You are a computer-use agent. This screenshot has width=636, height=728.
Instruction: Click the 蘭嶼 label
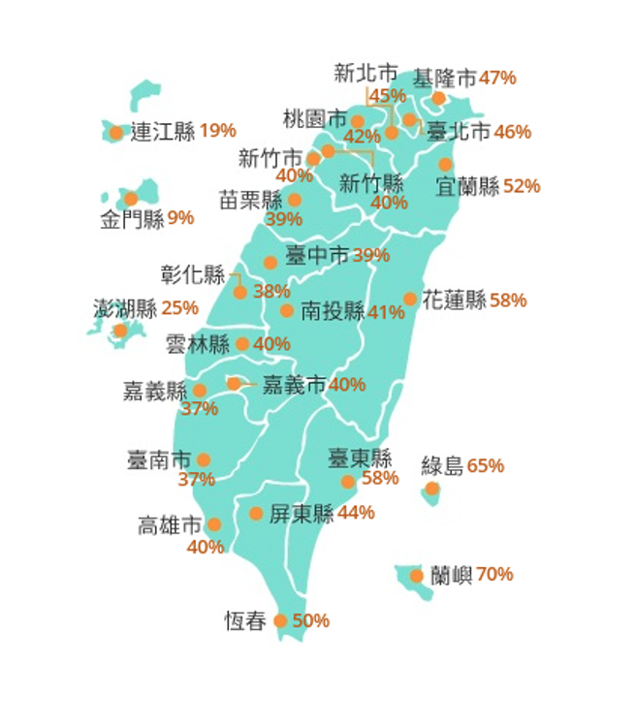[452, 575]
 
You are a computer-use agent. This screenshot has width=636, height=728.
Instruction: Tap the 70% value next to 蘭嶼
[494, 575]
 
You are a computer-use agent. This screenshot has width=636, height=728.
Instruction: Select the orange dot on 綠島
[431, 488]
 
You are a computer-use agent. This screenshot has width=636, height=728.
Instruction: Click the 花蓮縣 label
[454, 301]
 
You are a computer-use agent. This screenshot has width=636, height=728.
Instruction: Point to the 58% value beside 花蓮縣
[508, 301]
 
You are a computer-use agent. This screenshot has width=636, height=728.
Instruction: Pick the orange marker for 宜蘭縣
[445, 165]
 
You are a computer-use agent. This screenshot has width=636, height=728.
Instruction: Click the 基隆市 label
[445, 79]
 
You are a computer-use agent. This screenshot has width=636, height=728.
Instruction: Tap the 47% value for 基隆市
[497, 79]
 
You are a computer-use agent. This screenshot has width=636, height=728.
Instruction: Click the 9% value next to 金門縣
[180, 218]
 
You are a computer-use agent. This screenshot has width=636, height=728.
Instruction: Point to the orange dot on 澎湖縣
[120, 331]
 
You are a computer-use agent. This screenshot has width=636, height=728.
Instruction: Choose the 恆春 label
[244, 621]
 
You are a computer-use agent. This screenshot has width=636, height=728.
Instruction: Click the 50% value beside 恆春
[310, 620]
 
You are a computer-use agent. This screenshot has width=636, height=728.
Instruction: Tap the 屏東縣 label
[302, 514]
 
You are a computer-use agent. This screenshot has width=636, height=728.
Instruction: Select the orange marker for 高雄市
[213, 524]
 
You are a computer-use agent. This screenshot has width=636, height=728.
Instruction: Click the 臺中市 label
[317, 256]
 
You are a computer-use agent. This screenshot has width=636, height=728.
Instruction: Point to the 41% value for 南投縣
[386, 312]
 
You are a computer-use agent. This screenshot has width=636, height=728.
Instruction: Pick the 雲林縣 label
[197, 344]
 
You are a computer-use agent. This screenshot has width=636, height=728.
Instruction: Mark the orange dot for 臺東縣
[348, 482]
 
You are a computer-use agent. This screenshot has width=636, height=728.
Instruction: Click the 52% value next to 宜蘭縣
[522, 186]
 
